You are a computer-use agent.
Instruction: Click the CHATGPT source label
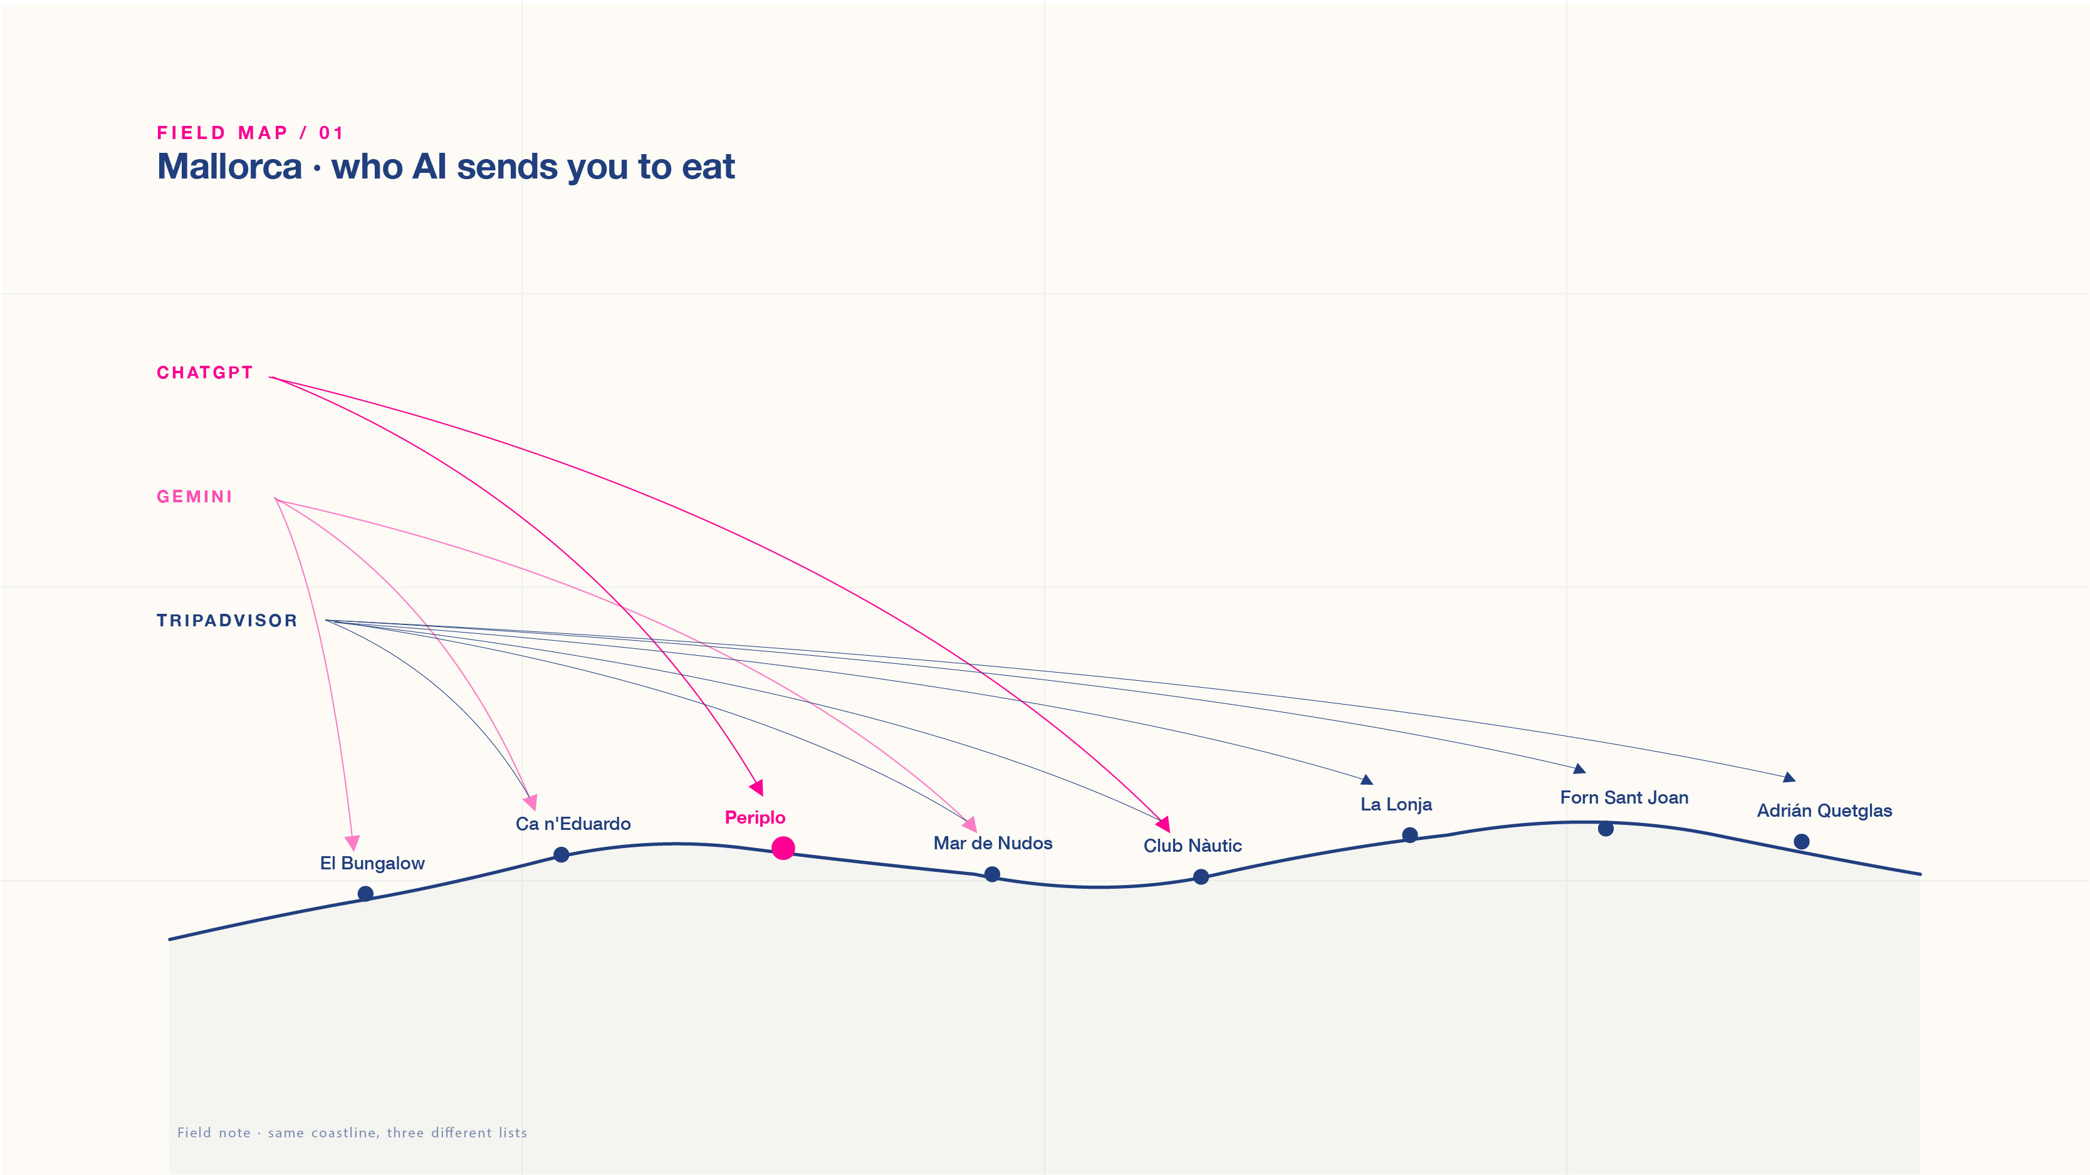tap(204, 373)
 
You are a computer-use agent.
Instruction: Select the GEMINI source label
tap(195, 497)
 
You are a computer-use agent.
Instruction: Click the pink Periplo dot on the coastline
tap(783, 848)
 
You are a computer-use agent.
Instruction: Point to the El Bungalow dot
tap(366, 894)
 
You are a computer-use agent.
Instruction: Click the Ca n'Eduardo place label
tap(573, 824)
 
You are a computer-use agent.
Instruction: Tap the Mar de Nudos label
tap(992, 843)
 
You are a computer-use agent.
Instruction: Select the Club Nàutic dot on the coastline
tap(1201, 877)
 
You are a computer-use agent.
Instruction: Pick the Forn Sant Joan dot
tap(1606, 829)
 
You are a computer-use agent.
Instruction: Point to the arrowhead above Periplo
tap(757, 787)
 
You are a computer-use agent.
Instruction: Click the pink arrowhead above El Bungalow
tap(352, 842)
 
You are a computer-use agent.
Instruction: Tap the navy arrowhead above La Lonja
tap(1367, 779)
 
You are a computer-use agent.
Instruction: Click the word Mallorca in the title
tap(229, 167)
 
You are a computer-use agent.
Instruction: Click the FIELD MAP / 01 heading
tap(250, 133)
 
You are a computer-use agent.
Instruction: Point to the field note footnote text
tap(352, 1133)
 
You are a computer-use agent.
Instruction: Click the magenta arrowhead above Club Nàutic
tap(1164, 825)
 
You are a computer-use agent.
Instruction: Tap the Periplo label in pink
tap(755, 817)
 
